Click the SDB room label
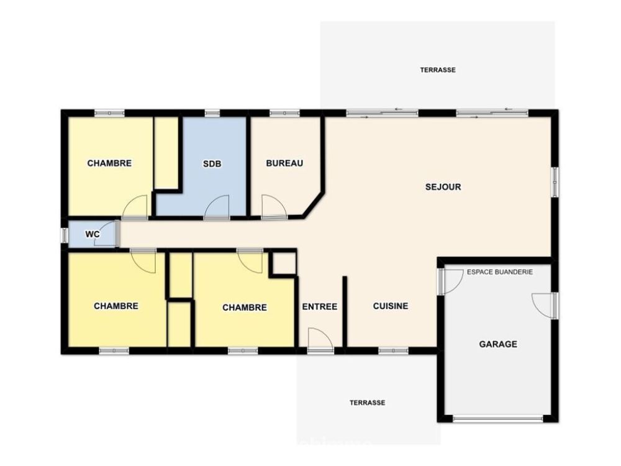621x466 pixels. coord(212,163)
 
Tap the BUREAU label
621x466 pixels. coord(284,163)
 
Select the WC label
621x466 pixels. coord(93,234)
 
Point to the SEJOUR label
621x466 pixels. coord(443,187)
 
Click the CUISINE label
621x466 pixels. coord(391,306)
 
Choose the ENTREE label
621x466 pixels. coord(320,306)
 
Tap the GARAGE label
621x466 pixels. coord(498,344)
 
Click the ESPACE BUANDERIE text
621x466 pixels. coord(500,272)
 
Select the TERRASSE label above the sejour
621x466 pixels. coord(438,70)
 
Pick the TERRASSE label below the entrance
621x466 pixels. coord(367,403)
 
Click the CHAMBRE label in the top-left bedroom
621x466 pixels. coord(109,163)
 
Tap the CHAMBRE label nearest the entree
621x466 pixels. coord(244,308)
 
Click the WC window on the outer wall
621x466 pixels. coord(64,235)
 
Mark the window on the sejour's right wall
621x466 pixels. coord(555,181)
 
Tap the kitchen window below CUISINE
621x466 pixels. coord(393,350)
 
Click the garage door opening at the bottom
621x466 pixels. coord(498,418)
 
